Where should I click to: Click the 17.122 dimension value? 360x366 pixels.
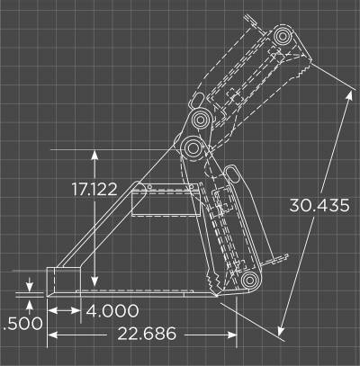pos(94,190)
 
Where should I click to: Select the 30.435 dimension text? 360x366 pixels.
pos(319,206)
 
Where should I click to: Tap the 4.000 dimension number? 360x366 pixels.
pos(112,310)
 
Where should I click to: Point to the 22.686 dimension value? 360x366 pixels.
pos(147,334)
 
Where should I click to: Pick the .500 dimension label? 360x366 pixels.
pos(23,324)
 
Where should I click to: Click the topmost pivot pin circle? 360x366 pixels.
pos(283,36)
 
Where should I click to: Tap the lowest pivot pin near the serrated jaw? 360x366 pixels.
pos(249,281)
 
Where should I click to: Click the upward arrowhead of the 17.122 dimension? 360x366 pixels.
pos(94,156)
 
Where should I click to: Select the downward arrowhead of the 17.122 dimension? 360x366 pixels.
pos(94,281)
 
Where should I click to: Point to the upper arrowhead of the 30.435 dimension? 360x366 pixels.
pos(349,96)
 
